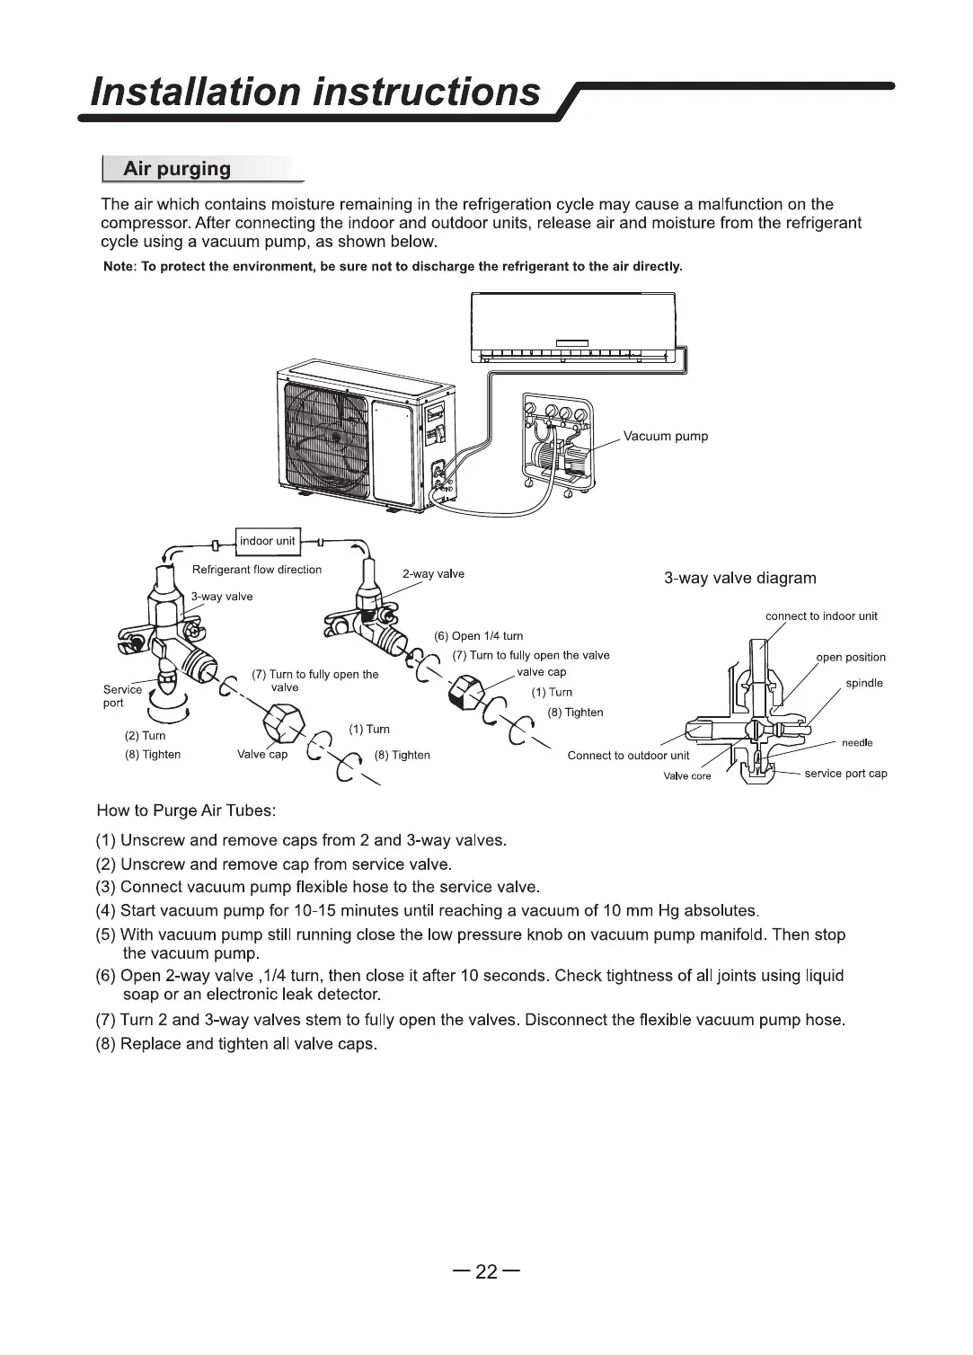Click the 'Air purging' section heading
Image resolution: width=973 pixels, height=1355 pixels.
pos(177,169)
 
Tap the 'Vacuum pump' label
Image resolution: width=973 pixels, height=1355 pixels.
pos(666,437)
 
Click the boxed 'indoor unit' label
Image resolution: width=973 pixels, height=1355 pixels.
pos(267,540)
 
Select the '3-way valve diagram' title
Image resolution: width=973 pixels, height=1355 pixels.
pos(740,578)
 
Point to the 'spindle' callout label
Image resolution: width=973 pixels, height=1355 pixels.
pos(864,683)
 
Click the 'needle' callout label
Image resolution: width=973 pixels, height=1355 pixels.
pos(857,743)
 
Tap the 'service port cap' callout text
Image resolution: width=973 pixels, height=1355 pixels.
pos(845,774)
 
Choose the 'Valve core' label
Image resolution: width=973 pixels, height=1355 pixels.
pos(687,776)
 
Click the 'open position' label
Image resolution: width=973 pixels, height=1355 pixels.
pos(851,657)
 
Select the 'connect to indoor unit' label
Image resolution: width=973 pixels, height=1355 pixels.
pos(821,616)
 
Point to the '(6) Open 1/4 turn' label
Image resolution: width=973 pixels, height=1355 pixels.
pos(479,636)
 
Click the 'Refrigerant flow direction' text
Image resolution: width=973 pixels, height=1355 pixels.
pos(257,570)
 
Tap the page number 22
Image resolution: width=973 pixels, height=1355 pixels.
pos(486,1271)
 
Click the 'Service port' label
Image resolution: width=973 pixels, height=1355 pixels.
pos(122,695)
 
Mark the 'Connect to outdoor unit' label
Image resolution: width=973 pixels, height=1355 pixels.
pos(628,756)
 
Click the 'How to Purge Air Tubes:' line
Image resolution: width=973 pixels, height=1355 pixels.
pos(186,810)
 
